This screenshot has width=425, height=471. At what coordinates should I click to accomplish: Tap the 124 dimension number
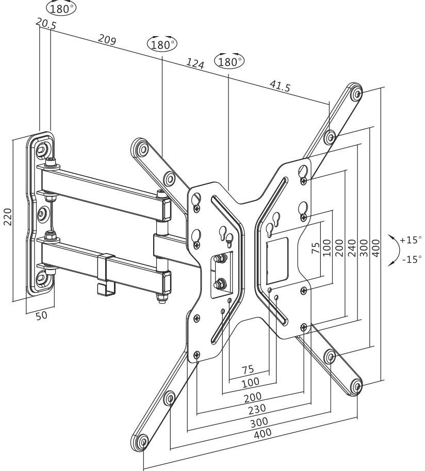[x=195, y=64]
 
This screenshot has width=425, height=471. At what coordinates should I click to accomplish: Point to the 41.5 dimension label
[x=279, y=86]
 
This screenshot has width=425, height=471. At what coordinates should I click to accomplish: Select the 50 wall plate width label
[x=41, y=315]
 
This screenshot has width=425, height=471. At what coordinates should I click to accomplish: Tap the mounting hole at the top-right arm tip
[x=355, y=93]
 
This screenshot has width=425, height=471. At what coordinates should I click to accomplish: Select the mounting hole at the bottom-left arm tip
[x=141, y=442]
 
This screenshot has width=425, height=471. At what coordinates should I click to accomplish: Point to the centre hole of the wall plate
[x=43, y=212]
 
